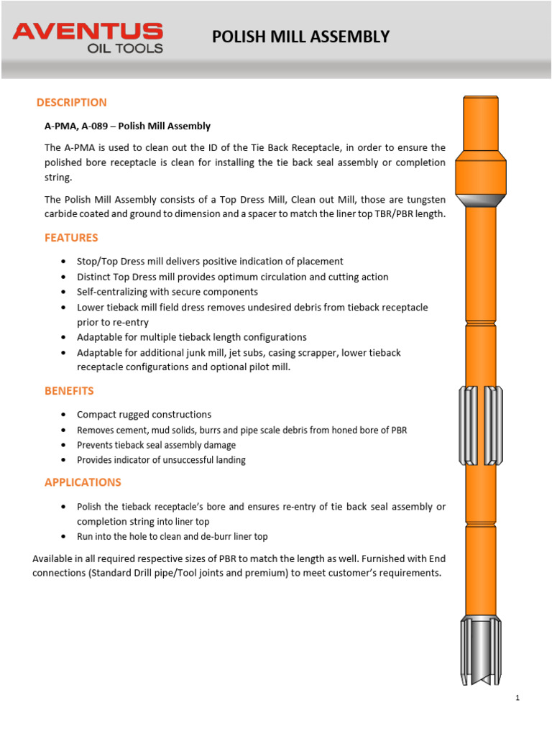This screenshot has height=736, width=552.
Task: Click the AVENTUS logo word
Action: point(88,31)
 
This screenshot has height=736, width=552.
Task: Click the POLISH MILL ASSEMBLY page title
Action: point(300,37)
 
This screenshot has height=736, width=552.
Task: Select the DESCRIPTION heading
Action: point(71,102)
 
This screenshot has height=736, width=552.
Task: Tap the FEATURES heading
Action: point(71,237)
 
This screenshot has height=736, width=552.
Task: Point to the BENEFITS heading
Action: point(69,391)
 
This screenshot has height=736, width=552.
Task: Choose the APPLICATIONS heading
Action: point(83,482)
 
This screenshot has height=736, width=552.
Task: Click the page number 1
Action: point(517,698)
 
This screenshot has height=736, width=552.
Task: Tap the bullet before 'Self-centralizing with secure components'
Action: point(65,293)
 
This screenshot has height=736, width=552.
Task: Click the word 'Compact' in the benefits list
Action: point(96,415)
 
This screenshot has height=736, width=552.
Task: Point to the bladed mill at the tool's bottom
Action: point(480,650)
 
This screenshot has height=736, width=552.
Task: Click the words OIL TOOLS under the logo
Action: point(125,48)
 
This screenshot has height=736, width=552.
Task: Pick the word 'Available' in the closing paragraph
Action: point(53,558)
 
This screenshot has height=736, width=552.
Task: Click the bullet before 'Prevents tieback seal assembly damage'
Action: point(65,445)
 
